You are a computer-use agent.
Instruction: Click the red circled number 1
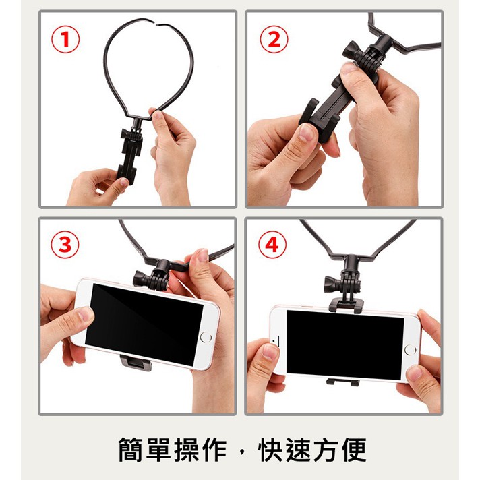pos(65,39)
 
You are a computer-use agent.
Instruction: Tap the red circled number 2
pos(274,39)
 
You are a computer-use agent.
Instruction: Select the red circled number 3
pos(65,245)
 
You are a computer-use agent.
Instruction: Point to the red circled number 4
pos(272,245)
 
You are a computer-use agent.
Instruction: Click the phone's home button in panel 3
pos(206,337)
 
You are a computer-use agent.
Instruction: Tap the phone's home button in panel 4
pos(410,350)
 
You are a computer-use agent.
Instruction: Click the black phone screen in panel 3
pos(144,324)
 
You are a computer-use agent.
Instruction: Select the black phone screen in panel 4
pos(344,344)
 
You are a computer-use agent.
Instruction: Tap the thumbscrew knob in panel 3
pos(141,278)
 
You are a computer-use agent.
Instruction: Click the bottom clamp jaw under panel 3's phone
pos(136,363)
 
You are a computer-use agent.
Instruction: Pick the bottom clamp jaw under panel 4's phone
pos(342,382)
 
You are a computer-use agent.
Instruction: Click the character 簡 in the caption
pos(131,450)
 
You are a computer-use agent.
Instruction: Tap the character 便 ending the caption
pos(354,450)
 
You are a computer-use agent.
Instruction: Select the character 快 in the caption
pos(270,450)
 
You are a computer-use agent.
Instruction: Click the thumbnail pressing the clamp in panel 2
pos(305,132)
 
